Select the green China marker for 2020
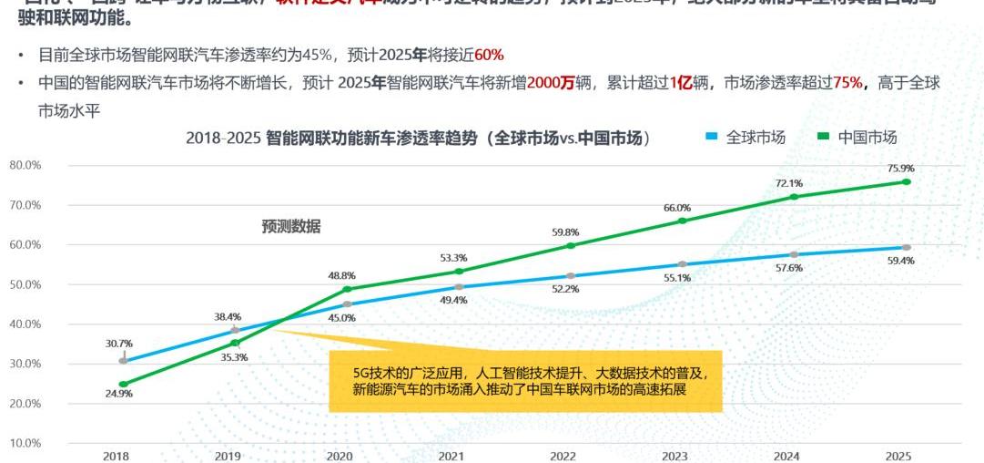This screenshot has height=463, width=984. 347,289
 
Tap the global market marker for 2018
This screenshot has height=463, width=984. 123,361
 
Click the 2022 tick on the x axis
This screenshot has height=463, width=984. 563,455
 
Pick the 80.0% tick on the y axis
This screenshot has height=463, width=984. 25,165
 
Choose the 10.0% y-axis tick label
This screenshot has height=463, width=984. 25,443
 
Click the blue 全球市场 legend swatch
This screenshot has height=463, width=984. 712,137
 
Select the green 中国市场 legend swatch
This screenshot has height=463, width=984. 823,137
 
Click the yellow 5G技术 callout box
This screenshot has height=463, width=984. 525,381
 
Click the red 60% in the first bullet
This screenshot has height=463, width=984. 489,56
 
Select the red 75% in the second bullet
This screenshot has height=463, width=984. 847,83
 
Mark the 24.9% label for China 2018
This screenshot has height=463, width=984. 119,394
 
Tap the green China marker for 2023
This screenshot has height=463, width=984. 683,221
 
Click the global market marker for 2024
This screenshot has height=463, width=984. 794,254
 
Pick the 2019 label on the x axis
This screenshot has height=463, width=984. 228,455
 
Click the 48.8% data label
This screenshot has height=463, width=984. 341,274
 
